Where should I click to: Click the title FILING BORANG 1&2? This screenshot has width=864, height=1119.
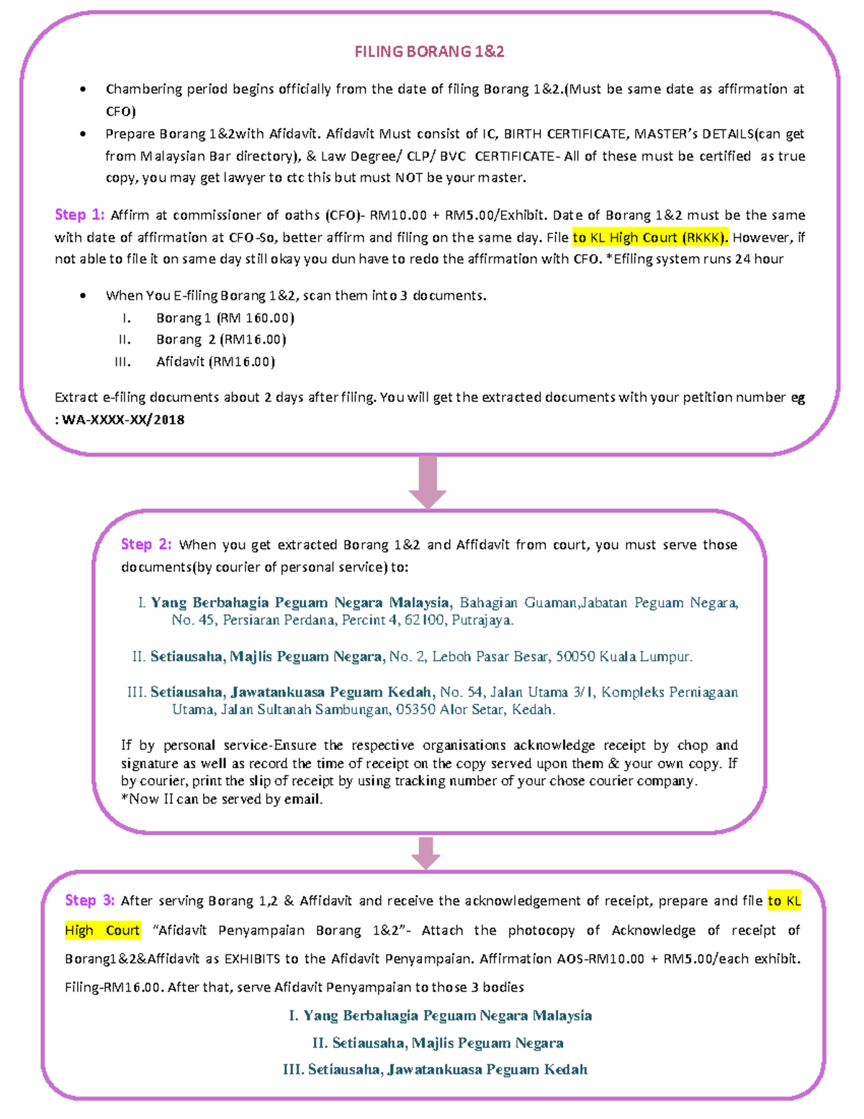429,52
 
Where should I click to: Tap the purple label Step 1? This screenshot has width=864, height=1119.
79,215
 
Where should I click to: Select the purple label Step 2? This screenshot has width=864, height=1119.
146,544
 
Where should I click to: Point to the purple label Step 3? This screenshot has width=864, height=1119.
89,900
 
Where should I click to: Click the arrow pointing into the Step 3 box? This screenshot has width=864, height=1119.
426,852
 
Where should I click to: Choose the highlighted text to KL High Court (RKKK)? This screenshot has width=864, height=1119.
650,237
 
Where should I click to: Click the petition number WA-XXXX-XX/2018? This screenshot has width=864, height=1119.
123,419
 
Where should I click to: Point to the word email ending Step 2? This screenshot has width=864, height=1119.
302,799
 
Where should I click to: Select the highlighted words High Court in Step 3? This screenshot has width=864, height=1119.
102,930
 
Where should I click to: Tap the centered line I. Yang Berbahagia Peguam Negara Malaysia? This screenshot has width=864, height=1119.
440,1015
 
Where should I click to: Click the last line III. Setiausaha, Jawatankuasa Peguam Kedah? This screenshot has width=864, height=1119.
435,1069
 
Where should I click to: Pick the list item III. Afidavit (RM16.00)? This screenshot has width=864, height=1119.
215,362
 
